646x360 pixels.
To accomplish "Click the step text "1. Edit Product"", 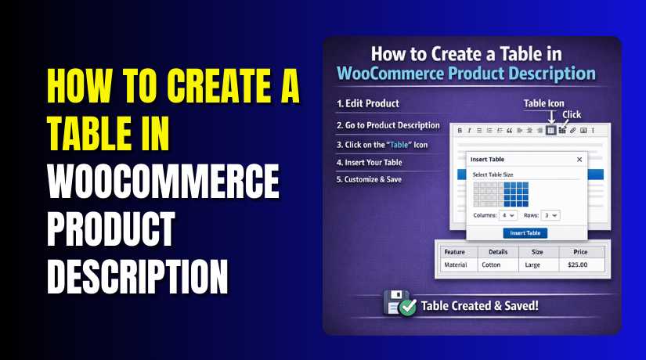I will tap(367, 103).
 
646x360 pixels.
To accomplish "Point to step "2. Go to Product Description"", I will tap(388, 125).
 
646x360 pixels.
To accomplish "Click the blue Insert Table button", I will tap(525, 233).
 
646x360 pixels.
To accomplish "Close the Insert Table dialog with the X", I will tap(579, 159).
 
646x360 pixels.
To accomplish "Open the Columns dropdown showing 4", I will tap(509, 214).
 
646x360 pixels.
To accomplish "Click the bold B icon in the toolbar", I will tap(460, 131).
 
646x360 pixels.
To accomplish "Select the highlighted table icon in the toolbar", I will tap(550, 131).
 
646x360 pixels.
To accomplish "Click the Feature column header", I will tap(456, 252).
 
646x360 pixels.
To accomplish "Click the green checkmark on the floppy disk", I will tap(406, 308).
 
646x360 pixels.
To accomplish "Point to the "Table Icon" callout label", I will tap(543, 103).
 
